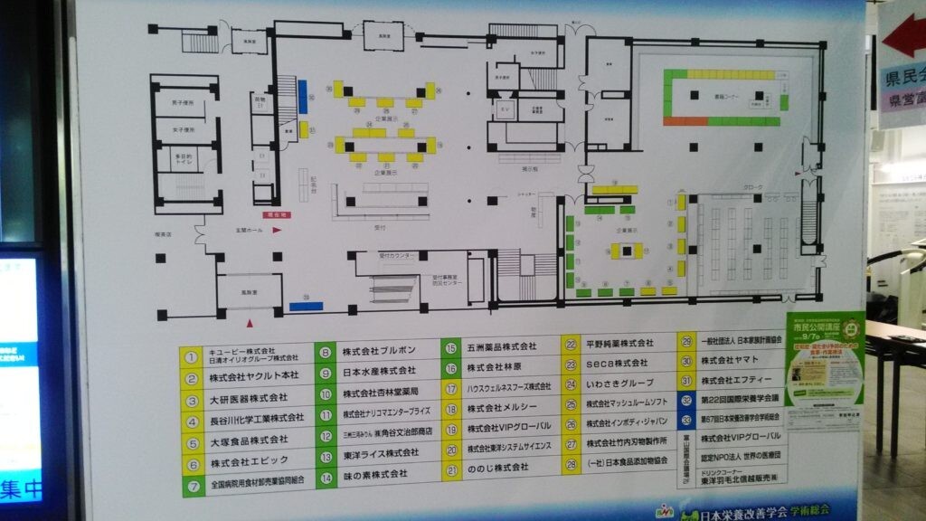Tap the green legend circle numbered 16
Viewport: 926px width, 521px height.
pos(450,368)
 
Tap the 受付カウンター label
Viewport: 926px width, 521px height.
pos(396,257)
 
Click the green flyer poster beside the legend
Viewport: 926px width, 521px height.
pos(824,371)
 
